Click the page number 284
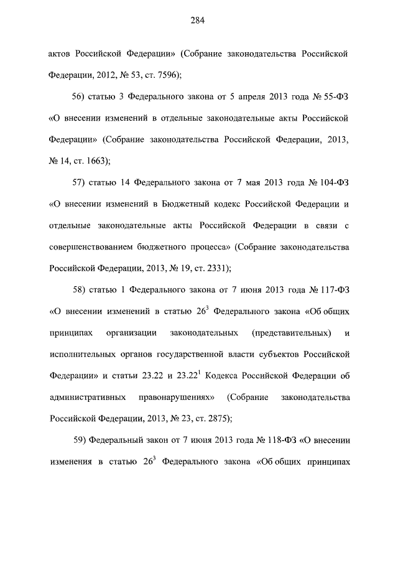(198, 21)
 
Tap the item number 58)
(80, 290)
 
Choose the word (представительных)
(291, 333)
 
